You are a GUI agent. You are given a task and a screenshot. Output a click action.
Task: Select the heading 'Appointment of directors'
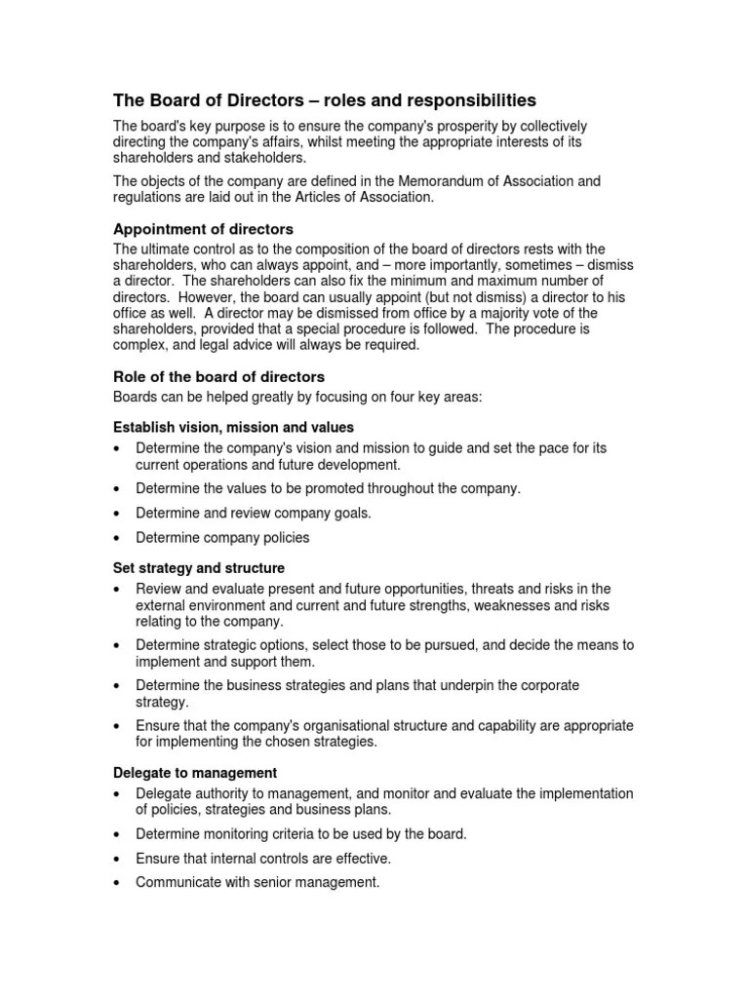(203, 229)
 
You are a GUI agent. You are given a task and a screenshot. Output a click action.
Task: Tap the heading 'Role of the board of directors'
(219, 376)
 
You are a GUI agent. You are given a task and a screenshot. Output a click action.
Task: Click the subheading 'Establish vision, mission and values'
(233, 427)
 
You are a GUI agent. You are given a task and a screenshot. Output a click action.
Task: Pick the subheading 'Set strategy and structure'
(199, 567)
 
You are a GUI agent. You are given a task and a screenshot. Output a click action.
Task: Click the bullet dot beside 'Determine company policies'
(118, 538)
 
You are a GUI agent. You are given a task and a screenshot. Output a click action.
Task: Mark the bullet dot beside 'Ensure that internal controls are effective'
(118, 859)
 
